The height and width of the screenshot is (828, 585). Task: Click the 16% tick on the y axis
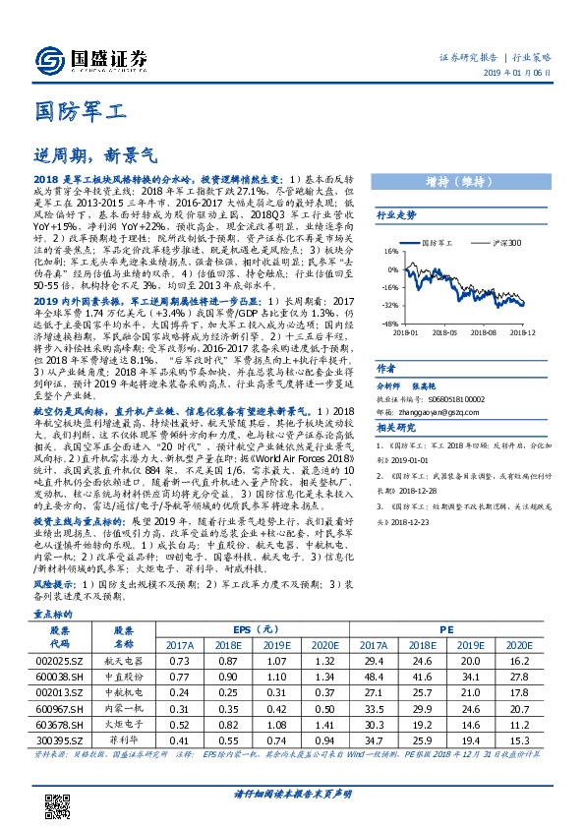[391, 251]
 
